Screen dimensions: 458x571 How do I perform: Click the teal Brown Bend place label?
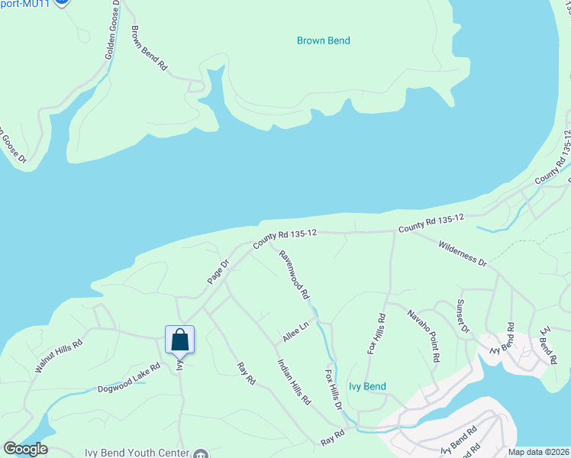324,40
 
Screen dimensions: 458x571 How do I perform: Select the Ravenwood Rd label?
294,275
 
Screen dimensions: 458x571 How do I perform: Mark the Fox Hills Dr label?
334,390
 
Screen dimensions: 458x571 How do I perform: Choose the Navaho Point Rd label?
423,337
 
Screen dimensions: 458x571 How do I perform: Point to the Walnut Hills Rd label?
57,356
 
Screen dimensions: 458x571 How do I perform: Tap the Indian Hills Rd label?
295,382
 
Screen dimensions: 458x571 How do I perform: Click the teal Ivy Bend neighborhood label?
367,387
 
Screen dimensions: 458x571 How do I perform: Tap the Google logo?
24,449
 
